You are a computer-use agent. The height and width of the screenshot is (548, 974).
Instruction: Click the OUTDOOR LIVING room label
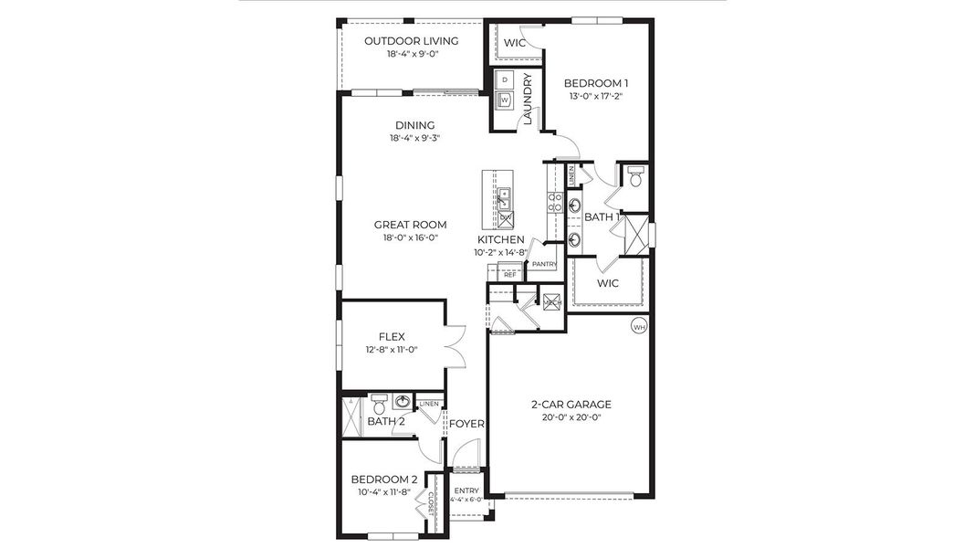pyautogui.click(x=411, y=41)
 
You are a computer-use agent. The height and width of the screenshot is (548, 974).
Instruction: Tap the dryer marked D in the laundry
pyautogui.click(x=505, y=79)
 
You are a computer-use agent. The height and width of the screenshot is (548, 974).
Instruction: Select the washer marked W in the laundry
pyautogui.click(x=505, y=100)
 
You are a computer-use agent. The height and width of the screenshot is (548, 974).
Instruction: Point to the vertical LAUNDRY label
pyautogui.click(x=528, y=99)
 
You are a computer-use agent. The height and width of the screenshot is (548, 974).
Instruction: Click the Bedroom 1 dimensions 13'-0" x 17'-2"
pyautogui.click(x=595, y=95)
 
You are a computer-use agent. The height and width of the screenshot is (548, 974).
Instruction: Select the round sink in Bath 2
pyautogui.click(x=402, y=401)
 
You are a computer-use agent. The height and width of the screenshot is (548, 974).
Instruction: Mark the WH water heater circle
pyautogui.click(x=639, y=325)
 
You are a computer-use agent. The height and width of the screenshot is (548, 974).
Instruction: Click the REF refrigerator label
pyautogui.click(x=509, y=274)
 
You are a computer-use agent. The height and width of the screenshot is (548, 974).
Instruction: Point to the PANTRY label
pyautogui.click(x=544, y=265)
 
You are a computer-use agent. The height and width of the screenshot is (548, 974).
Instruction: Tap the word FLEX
pyautogui.click(x=392, y=336)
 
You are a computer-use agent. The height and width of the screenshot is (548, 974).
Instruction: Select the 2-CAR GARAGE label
pyautogui.click(x=571, y=405)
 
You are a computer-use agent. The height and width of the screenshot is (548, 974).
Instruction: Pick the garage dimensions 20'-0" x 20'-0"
pyautogui.click(x=571, y=417)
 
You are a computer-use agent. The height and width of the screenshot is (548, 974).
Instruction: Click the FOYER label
pyautogui.click(x=466, y=424)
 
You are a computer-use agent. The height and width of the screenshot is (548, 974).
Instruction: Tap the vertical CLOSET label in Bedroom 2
pyautogui.click(x=430, y=503)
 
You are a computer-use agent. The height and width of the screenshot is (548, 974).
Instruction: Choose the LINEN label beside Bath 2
pyautogui.click(x=429, y=404)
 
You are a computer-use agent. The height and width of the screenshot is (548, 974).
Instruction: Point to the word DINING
pyautogui.click(x=414, y=125)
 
